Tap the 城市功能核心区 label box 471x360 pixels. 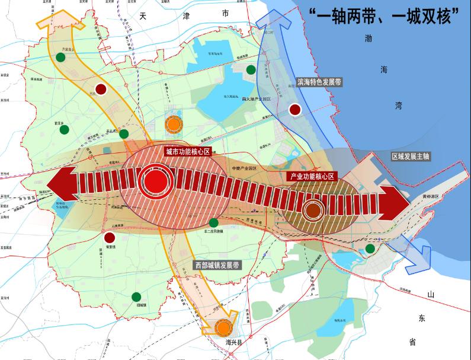click(187, 152)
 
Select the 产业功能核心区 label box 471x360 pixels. click(312, 177)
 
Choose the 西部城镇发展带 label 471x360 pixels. click(217, 265)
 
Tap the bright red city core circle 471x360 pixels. click(155, 182)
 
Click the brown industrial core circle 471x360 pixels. click(313, 209)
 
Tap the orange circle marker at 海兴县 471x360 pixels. click(223, 327)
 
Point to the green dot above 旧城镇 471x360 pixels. click(137, 297)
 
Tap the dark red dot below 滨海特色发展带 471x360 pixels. click(294, 109)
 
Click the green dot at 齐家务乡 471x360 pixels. click(60, 58)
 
